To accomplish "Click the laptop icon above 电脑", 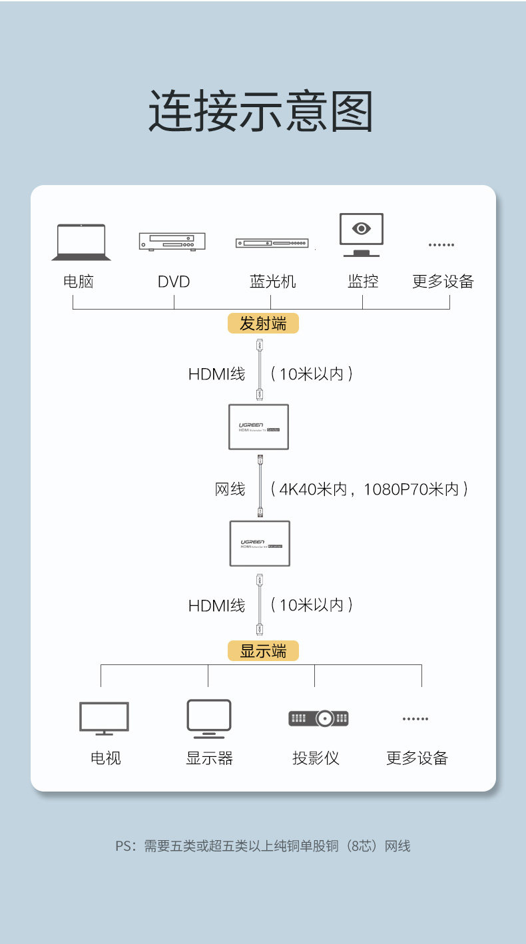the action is (x=81, y=242).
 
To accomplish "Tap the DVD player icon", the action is (x=172, y=241).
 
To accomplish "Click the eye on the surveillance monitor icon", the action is (x=362, y=229).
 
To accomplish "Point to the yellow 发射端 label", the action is (x=263, y=324).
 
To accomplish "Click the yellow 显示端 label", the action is (x=263, y=650).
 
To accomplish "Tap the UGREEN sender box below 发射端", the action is (x=258, y=427).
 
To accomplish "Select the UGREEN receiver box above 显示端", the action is (x=260, y=543).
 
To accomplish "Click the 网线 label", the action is (x=230, y=489).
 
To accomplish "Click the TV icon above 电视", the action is (x=104, y=718).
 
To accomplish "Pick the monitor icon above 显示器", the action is (x=208, y=718).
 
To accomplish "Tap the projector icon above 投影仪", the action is (x=318, y=718).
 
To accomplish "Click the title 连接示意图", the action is (x=260, y=112).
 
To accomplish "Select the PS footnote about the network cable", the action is (x=263, y=846).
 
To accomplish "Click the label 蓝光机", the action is (x=272, y=282).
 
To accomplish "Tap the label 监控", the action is (x=363, y=282).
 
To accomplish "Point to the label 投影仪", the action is (x=316, y=758).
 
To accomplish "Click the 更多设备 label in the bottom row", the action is (x=417, y=758).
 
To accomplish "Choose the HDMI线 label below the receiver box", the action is (x=216, y=605).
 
